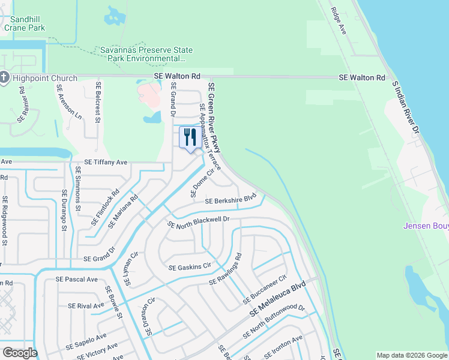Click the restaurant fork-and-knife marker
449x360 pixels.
[x=190, y=137]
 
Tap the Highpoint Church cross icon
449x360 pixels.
[x=4, y=78]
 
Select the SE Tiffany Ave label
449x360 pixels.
[x=106, y=162]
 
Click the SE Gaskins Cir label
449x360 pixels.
[x=190, y=266]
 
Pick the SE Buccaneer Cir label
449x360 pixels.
[x=265, y=290]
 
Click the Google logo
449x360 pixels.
[x=20, y=353]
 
